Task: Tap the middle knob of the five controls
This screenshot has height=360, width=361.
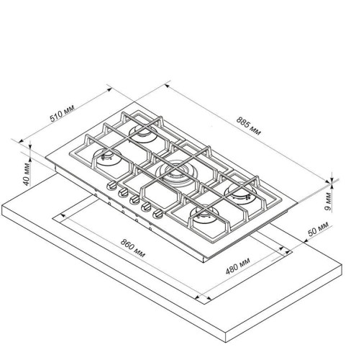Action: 134,199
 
